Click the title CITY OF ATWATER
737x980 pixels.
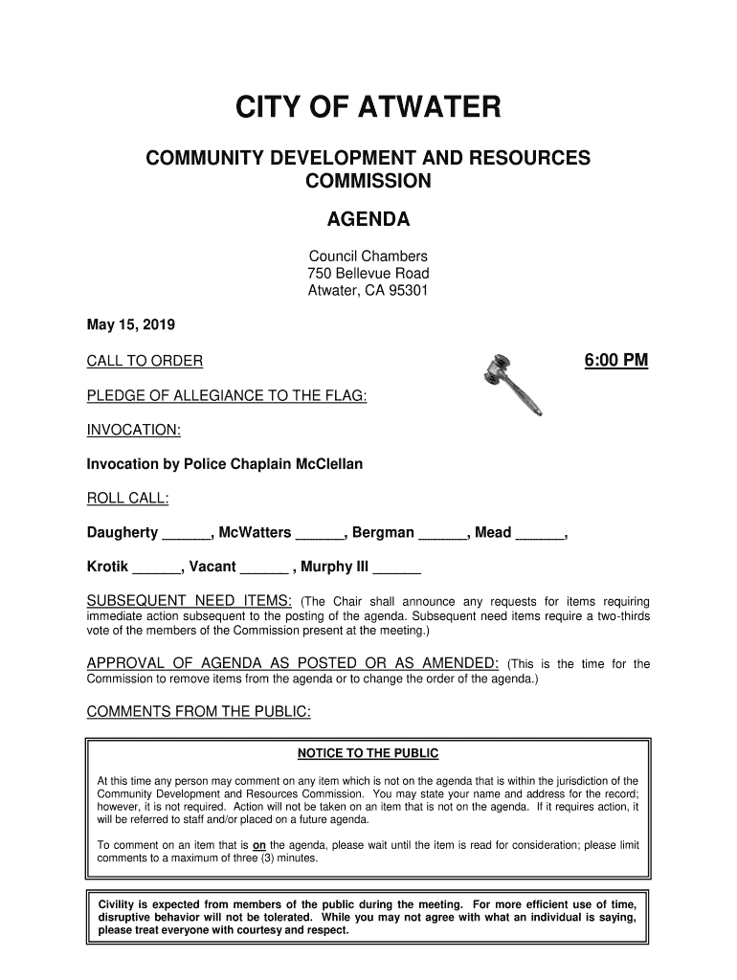(368, 108)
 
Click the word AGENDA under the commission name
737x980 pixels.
(368, 220)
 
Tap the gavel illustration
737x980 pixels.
(511, 383)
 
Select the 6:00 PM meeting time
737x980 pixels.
(615, 361)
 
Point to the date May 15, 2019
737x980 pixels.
(124, 325)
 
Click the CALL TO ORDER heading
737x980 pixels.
(145, 362)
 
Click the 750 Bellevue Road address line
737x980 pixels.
(368, 275)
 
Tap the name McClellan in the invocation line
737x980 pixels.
(324, 464)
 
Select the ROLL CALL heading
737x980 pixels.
(128, 499)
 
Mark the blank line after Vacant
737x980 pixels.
(263, 568)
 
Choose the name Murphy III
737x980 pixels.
(335, 568)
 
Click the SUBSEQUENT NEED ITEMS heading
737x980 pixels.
(190, 601)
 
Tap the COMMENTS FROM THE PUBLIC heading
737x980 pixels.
(199, 713)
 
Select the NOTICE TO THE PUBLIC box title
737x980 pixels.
(368, 754)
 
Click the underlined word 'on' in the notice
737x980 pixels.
(259, 846)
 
